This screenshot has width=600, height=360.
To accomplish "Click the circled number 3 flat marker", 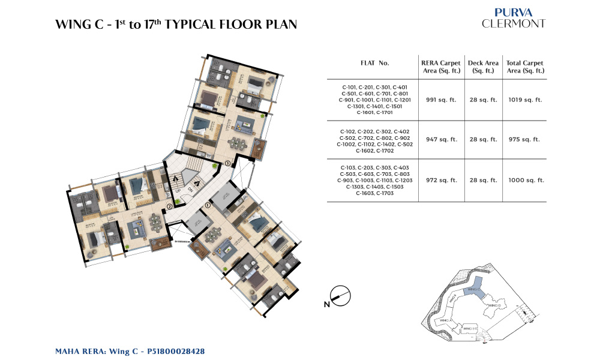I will pyautogui.click(x=227, y=163).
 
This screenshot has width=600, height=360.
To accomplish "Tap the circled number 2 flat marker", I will pyautogui.click(x=170, y=206).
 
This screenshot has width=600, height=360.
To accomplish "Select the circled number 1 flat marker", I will pyautogui.click(x=208, y=205).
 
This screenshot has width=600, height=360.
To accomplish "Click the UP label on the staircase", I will pyautogui.click(x=178, y=190).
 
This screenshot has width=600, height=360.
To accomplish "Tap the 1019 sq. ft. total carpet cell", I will pyautogui.click(x=525, y=100).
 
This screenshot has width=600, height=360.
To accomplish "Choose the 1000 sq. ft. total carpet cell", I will pyautogui.click(x=525, y=180).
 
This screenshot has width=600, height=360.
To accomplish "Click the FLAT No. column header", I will pyautogui.click(x=374, y=62).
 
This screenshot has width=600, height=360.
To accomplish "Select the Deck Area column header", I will pyautogui.click(x=483, y=67).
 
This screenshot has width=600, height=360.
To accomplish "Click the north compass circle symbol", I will pyautogui.click(x=341, y=296).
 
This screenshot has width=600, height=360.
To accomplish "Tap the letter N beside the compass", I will pyautogui.click(x=327, y=304).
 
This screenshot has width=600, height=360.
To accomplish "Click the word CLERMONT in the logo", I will pyautogui.click(x=514, y=23).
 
